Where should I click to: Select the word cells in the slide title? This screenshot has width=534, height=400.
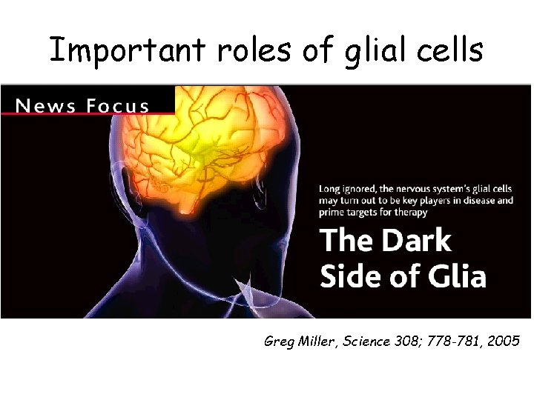(446, 50)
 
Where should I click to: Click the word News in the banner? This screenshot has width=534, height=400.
(44, 105)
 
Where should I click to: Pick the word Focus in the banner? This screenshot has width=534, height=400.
(116, 105)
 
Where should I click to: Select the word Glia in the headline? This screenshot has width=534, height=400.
(453, 276)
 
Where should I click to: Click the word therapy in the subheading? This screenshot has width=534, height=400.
(410, 213)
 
